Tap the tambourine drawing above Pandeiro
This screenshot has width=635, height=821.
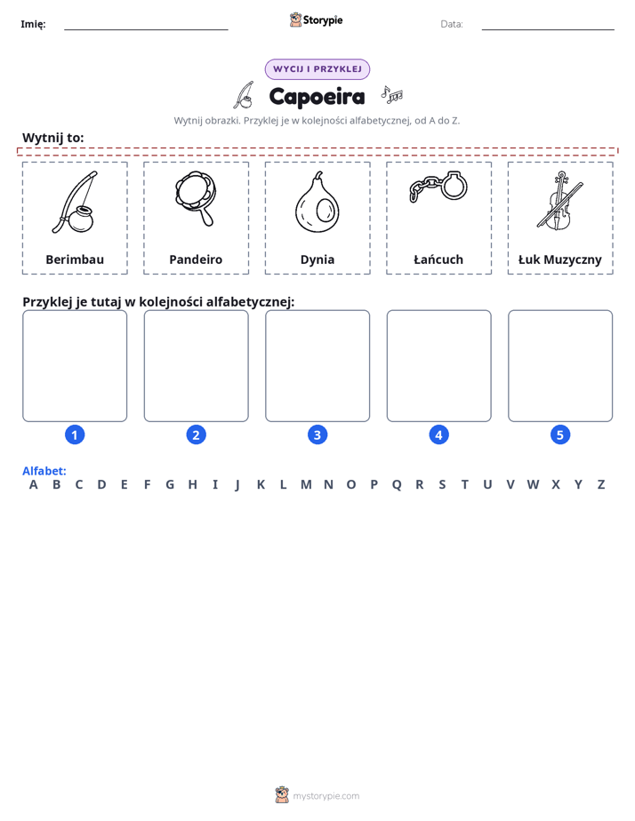tap(196, 198)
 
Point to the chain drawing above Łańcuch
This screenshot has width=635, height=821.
tap(438, 187)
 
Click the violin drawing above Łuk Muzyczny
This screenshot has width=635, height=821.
tap(559, 201)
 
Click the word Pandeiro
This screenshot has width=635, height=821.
tap(196, 259)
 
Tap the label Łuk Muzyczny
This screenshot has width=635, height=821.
tap(560, 259)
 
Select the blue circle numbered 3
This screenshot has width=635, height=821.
tap(317, 434)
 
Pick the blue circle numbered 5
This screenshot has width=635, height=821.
tap(560, 434)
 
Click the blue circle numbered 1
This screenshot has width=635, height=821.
tap(75, 434)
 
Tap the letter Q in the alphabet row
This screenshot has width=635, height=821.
tap(397, 485)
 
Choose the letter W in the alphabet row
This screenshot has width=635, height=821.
tap(533, 485)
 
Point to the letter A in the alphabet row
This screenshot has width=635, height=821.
tap(34, 485)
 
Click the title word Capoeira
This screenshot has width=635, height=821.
tap(317, 97)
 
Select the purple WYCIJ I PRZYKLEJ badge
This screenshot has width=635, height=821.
tap(317, 69)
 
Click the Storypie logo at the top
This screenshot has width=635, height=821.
tap(316, 20)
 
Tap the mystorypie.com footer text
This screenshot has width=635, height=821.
tap(326, 796)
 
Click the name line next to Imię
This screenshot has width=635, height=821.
tap(146, 29)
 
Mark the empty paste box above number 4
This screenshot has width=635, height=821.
tap(439, 366)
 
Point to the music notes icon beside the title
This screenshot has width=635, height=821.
tap(392, 94)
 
